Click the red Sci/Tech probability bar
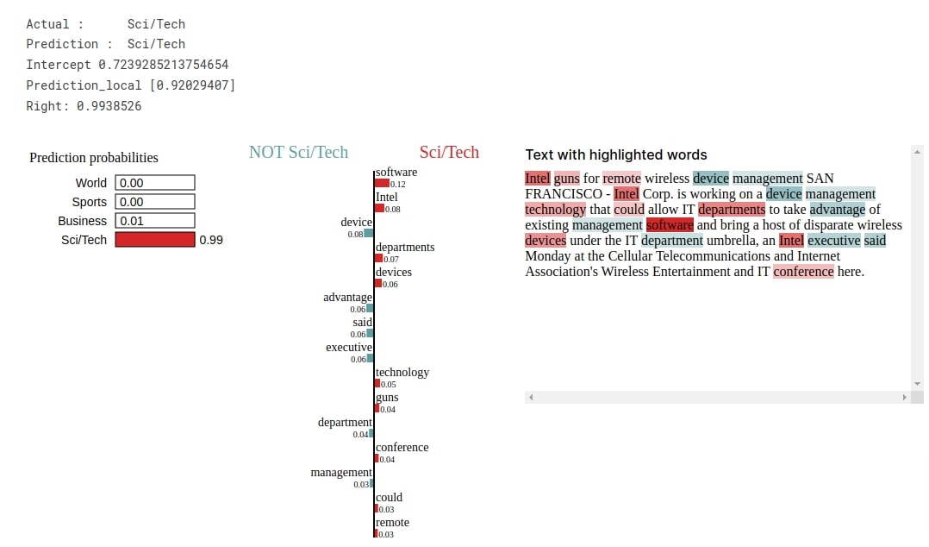click(x=155, y=240)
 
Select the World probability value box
click(x=155, y=183)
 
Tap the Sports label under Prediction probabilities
click(x=90, y=202)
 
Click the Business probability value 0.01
click(x=155, y=221)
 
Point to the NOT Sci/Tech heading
click(x=298, y=153)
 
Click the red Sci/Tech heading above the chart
click(x=449, y=153)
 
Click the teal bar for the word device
click(x=369, y=233)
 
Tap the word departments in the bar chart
click(x=405, y=248)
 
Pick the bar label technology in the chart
click(x=402, y=373)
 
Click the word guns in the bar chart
click(x=387, y=398)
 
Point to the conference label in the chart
click(x=402, y=448)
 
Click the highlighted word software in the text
click(x=670, y=225)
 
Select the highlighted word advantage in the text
click(x=837, y=210)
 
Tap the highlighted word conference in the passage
click(x=803, y=272)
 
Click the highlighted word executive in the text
click(x=833, y=241)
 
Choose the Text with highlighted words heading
click(x=616, y=155)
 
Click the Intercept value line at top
click(x=128, y=65)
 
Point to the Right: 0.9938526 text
click(x=84, y=106)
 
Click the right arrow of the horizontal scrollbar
click(x=904, y=397)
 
